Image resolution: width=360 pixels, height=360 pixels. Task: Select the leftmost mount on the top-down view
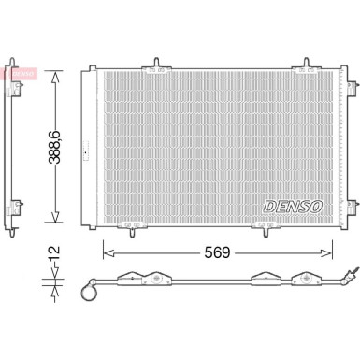(121, 278)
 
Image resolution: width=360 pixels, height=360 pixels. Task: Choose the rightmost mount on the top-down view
(304, 278)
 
